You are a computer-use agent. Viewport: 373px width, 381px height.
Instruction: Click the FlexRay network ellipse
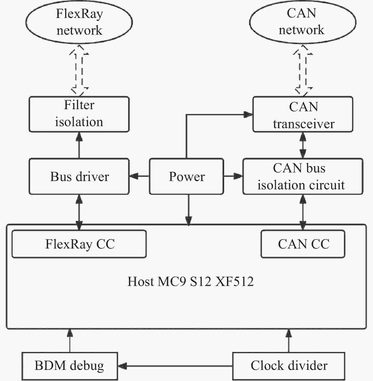(79, 22)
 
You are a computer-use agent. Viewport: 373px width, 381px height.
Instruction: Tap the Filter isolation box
(79, 114)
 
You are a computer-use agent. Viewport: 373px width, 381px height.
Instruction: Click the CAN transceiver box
(303, 114)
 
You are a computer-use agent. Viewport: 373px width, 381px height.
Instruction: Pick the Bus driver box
(79, 176)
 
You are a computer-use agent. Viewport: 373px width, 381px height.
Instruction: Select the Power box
(186, 176)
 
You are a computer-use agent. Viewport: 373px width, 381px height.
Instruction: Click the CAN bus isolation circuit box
(303, 176)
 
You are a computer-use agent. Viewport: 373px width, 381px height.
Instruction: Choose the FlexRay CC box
(79, 244)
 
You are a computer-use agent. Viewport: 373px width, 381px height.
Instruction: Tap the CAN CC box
(303, 244)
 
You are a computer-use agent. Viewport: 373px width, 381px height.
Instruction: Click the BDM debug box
(69, 366)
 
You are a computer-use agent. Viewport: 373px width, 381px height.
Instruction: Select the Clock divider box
(289, 366)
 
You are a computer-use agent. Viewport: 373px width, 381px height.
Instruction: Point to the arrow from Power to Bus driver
(139, 176)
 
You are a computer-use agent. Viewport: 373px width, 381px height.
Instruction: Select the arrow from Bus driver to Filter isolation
(79, 145)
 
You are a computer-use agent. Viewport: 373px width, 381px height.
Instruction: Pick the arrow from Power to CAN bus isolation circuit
(233, 176)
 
